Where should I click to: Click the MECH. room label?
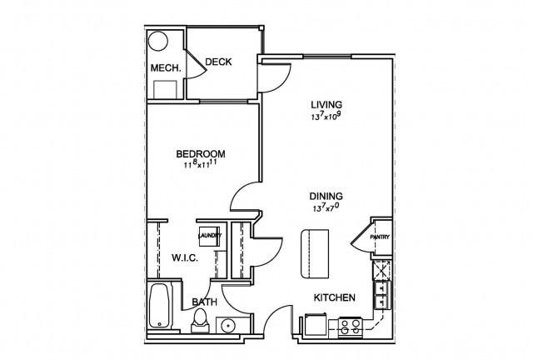click(x=166, y=68)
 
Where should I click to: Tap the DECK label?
click(x=218, y=62)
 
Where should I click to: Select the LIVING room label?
click(x=326, y=104)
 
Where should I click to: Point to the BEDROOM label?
click(x=201, y=154)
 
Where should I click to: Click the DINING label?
click(x=326, y=197)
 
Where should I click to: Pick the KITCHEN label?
click(x=335, y=297)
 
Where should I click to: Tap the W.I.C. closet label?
click(x=185, y=258)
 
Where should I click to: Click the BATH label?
click(x=204, y=302)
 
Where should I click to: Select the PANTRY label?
click(x=380, y=237)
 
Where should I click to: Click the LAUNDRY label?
click(x=210, y=236)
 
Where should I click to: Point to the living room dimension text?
click(x=326, y=117)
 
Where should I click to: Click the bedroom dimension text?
click(x=201, y=165)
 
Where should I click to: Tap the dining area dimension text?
click(x=326, y=207)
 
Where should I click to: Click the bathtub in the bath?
click(x=159, y=306)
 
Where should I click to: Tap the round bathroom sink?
click(x=227, y=327)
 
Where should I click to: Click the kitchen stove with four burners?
click(x=350, y=327)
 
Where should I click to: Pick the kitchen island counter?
click(x=315, y=254)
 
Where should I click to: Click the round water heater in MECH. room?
click(x=158, y=42)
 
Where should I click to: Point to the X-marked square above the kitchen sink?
click(x=382, y=270)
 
